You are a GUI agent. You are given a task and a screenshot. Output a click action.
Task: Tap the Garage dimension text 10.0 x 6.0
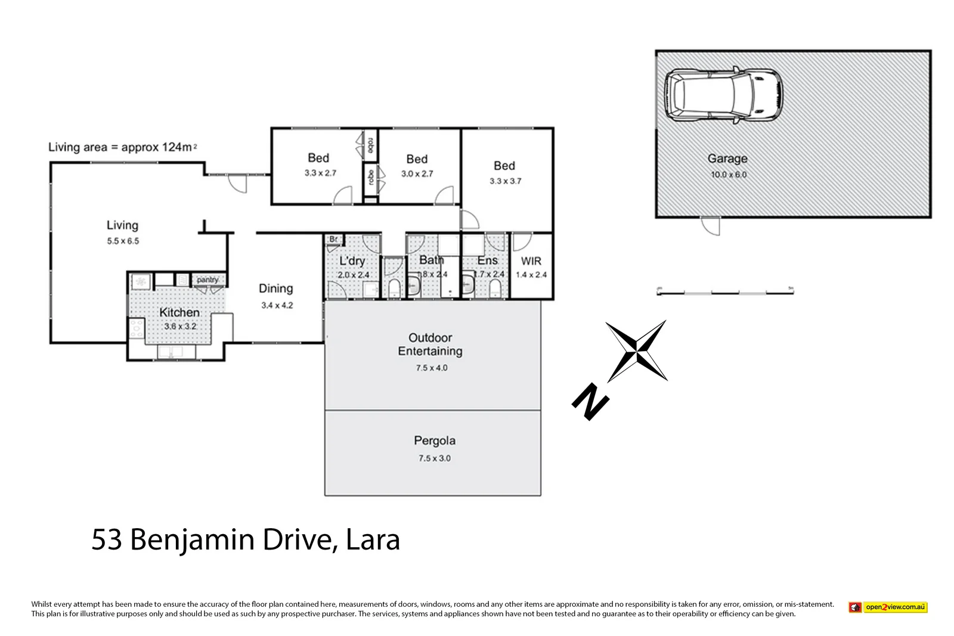pyautogui.click(x=728, y=175)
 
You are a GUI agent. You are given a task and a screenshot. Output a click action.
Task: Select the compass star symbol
pyautogui.click(x=636, y=350)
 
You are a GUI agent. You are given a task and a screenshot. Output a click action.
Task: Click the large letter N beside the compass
pyautogui.click(x=590, y=402)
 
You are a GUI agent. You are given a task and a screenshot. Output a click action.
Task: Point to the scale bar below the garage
pyautogui.click(x=725, y=292)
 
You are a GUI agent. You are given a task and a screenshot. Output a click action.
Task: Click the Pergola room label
pyautogui.click(x=434, y=441)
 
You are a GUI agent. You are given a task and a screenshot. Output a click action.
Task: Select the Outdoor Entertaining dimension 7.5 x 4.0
pyautogui.click(x=432, y=368)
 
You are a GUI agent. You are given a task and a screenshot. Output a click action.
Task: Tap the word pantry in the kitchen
pyautogui.click(x=207, y=280)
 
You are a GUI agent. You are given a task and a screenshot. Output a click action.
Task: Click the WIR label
pyautogui.click(x=531, y=261)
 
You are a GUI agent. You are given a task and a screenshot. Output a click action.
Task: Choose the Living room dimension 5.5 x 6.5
pyautogui.click(x=123, y=241)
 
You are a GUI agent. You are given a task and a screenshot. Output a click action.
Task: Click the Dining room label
pyautogui.click(x=275, y=288)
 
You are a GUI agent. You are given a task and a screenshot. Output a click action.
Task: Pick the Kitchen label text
pyautogui.click(x=179, y=312)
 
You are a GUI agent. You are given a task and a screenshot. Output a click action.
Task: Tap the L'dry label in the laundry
pyautogui.click(x=352, y=261)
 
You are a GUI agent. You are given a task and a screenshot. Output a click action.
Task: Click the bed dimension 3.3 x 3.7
pyautogui.click(x=505, y=181)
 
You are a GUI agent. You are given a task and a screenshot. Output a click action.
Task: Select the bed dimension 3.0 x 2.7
pyautogui.click(x=417, y=174)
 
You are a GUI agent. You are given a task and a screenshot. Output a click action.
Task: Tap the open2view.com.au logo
pyautogui.click(x=888, y=607)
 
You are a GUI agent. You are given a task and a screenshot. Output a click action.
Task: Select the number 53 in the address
pyautogui.click(x=107, y=539)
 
